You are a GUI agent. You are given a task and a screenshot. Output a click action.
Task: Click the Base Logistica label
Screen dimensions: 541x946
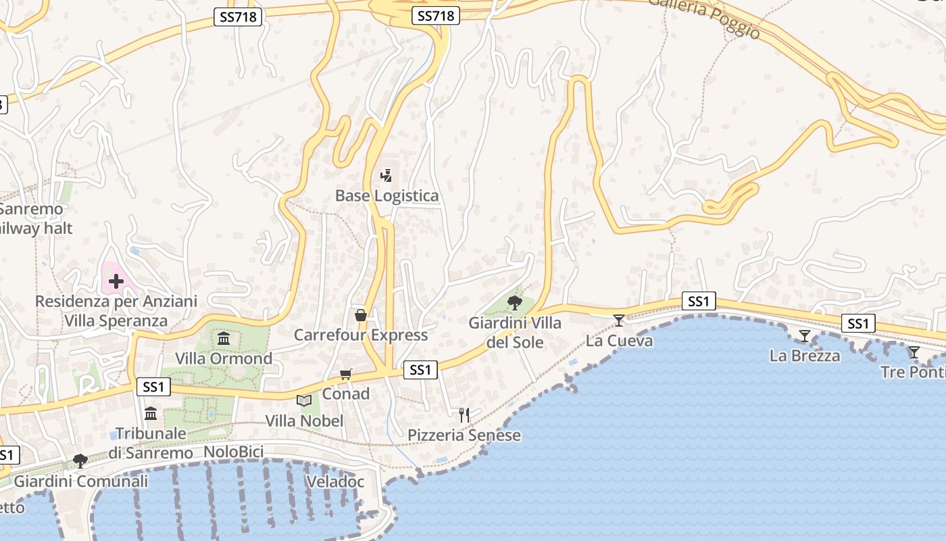[x=387, y=196]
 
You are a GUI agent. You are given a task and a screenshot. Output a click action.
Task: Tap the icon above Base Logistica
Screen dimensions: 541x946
[x=387, y=177]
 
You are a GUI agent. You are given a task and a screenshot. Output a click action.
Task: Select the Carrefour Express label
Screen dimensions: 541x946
[x=361, y=335]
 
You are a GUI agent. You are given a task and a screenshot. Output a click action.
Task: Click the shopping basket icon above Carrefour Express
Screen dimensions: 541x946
[x=361, y=315]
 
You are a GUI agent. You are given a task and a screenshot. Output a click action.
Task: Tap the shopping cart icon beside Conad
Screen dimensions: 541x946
[x=346, y=374]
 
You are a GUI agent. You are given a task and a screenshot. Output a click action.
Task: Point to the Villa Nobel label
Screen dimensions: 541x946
[x=304, y=421]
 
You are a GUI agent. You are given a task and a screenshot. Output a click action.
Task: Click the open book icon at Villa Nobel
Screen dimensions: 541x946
[x=304, y=401]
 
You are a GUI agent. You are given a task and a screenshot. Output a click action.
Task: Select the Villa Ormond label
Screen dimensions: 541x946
[x=224, y=358]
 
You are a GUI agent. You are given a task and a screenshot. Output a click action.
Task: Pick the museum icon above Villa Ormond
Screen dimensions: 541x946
[x=224, y=338]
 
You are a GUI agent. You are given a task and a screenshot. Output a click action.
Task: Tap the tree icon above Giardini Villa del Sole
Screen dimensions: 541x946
[x=515, y=302]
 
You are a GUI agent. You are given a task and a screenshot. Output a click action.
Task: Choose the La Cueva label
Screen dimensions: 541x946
[x=620, y=341]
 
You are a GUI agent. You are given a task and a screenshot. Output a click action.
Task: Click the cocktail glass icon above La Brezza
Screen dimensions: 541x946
[x=804, y=336]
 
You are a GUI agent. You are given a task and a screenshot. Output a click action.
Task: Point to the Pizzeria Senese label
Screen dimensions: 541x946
[x=464, y=435]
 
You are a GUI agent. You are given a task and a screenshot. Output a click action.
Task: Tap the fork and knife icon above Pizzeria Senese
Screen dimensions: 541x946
[x=464, y=415]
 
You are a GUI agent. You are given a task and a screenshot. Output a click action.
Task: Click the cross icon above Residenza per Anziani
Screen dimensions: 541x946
[x=116, y=281]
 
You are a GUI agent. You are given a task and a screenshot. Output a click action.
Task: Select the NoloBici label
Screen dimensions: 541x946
[x=233, y=452]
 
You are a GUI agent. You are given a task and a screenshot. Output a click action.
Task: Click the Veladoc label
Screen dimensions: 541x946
[x=335, y=482]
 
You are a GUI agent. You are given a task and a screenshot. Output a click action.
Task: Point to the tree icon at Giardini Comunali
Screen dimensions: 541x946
[x=80, y=461]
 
